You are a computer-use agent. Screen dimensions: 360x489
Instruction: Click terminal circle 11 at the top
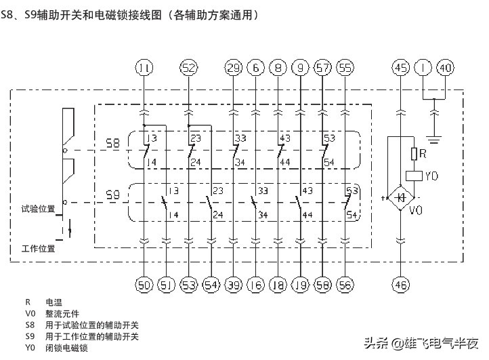pyautogui.click(x=144, y=67)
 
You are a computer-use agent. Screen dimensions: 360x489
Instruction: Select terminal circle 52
pyautogui.click(x=188, y=67)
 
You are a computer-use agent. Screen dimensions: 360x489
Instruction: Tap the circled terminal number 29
pyautogui.click(x=233, y=67)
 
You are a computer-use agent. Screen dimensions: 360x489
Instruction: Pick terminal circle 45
pyautogui.click(x=401, y=67)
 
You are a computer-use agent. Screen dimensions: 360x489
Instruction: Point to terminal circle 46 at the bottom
pyautogui.click(x=401, y=285)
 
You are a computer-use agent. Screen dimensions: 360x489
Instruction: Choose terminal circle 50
pyautogui.click(x=144, y=285)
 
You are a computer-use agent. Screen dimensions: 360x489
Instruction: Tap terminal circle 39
pyautogui.click(x=233, y=285)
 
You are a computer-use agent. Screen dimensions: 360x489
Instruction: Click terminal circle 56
pyautogui.click(x=345, y=285)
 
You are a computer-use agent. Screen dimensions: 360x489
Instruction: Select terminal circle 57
pyautogui.click(x=323, y=67)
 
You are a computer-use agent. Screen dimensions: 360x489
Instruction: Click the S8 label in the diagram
pyautogui.click(x=113, y=144)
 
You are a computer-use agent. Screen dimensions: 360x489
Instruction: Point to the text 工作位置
pyautogui.click(x=38, y=248)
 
